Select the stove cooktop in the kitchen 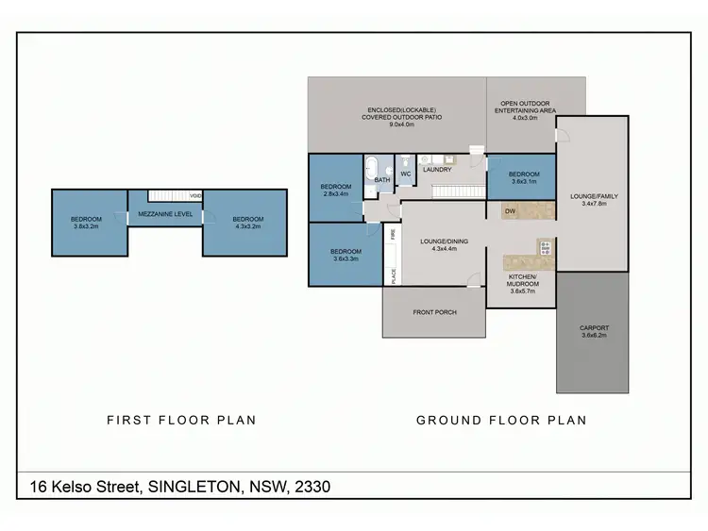(x=545, y=248)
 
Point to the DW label (x=509, y=210)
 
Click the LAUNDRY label (x=437, y=170)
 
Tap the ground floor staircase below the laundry (x=451, y=191)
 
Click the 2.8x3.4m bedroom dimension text (x=336, y=192)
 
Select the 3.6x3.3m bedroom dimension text (x=345, y=257)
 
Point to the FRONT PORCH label (x=434, y=312)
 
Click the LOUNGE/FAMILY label (x=593, y=197)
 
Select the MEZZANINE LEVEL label (x=165, y=214)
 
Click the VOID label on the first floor (x=195, y=196)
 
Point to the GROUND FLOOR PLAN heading (x=501, y=421)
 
